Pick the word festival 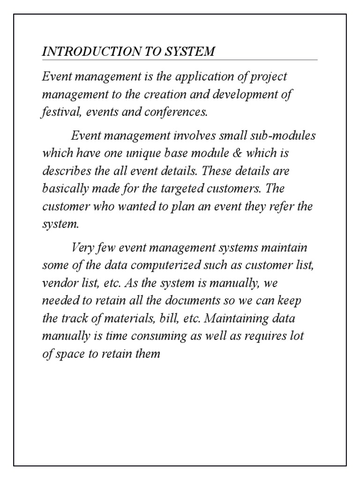point(58,112)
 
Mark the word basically point(62,189)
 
